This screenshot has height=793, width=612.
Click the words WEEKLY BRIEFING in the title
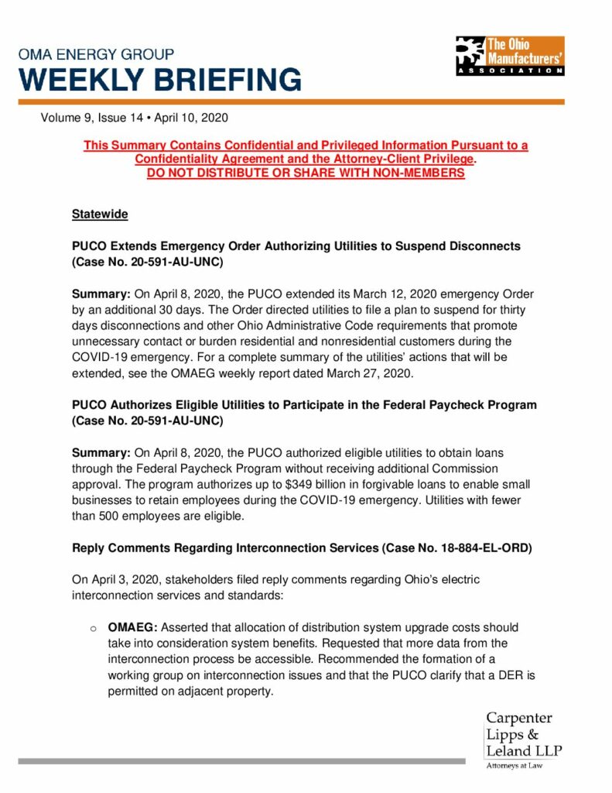point(160,80)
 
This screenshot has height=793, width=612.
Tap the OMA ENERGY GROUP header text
point(96,54)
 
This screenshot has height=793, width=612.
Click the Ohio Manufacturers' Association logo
point(509,56)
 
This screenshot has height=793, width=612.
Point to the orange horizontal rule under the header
point(292,102)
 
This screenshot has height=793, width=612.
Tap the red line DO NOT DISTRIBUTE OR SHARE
point(306,173)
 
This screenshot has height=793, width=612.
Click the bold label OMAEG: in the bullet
point(132,627)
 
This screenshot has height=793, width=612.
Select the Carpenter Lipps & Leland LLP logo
point(524,736)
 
